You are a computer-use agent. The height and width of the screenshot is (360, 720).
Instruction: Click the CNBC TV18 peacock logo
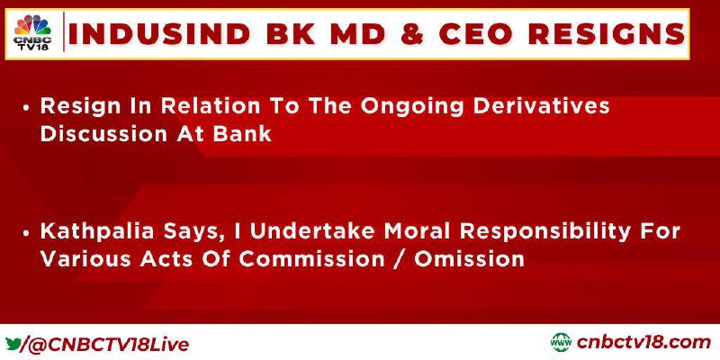(x=32, y=32)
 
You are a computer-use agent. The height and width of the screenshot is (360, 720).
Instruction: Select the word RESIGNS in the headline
(x=606, y=34)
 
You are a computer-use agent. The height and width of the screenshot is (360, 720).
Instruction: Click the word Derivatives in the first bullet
(x=542, y=106)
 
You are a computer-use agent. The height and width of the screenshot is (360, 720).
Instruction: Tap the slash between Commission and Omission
(x=399, y=259)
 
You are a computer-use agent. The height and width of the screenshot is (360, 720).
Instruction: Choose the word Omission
(x=469, y=259)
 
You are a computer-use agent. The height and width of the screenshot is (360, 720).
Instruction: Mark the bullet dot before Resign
(x=27, y=108)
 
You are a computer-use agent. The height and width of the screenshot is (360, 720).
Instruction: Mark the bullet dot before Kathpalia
(x=27, y=233)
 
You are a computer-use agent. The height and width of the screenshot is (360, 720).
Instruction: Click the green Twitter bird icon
(x=13, y=344)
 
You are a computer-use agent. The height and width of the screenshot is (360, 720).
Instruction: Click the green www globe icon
(x=561, y=343)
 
